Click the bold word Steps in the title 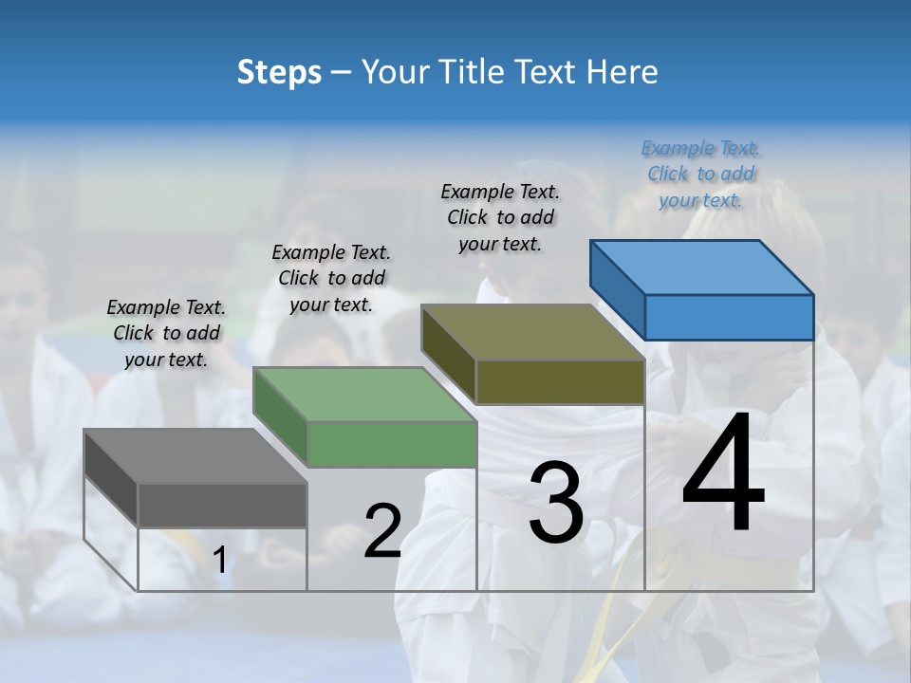click(x=279, y=72)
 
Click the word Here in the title click(x=623, y=72)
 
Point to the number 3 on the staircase click(x=556, y=503)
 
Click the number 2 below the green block click(x=382, y=531)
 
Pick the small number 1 click(x=219, y=561)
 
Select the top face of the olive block click(x=532, y=332)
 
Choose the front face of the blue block click(x=729, y=317)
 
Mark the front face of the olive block click(x=560, y=382)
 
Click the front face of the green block click(x=392, y=445)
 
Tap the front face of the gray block click(x=222, y=506)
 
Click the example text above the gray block click(x=166, y=333)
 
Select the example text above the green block click(x=331, y=278)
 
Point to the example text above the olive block click(x=500, y=217)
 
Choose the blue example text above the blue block click(x=700, y=174)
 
